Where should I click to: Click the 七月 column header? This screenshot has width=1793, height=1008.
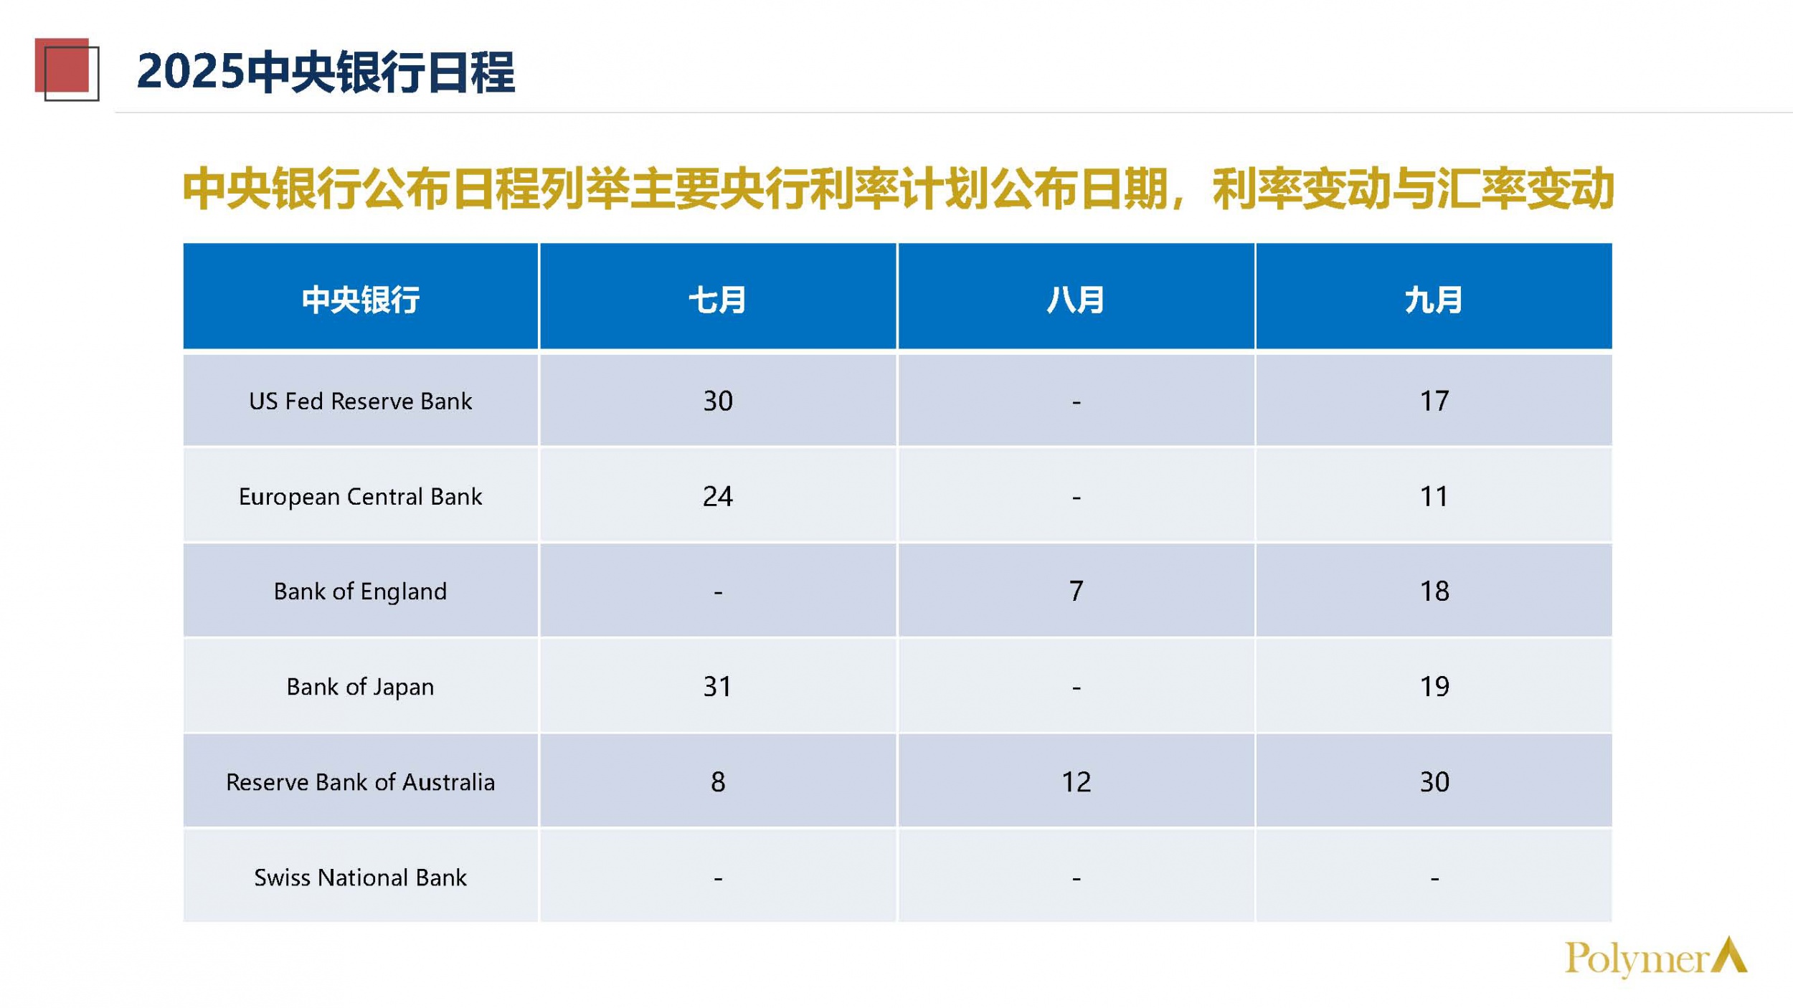point(717,299)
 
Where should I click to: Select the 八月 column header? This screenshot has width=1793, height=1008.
point(1075,299)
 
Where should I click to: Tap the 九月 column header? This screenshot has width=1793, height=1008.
point(1433,299)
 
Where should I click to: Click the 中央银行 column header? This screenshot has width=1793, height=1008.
point(360,299)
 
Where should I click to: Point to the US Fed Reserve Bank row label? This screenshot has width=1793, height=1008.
point(360,401)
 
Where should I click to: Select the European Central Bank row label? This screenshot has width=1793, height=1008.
point(360,496)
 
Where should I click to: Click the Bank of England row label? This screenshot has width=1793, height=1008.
point(360,591)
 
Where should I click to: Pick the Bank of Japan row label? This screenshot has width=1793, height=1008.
point(360,687)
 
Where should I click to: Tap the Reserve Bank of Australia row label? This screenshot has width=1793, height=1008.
point(360,781)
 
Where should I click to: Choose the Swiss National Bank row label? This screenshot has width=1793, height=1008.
point(360,877)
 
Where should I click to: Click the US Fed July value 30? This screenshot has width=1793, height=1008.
point(717,401)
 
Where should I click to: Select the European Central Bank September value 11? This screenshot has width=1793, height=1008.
point(1434,496)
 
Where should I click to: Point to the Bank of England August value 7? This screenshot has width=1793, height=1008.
point(1076,591)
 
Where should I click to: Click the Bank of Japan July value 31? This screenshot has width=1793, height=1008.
point(717,687)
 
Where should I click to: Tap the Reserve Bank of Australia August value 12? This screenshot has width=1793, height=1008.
point(1076,781)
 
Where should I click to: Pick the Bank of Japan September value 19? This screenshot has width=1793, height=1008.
point(1434,687)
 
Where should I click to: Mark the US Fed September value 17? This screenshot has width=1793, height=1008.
point(1434,401)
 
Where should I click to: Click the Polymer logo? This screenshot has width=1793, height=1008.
point(1656,957)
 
